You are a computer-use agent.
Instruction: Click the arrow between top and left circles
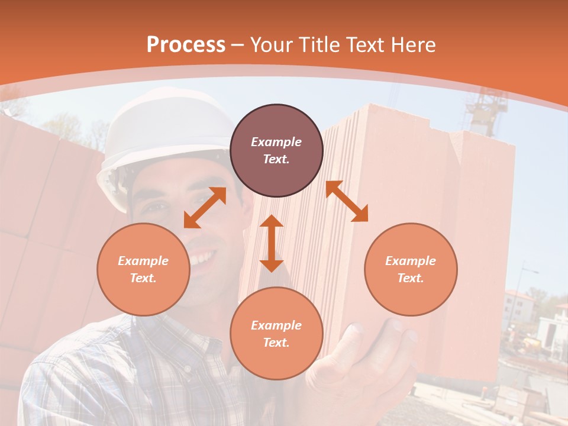click(205, 208)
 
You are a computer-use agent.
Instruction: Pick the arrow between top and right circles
click(347, 201)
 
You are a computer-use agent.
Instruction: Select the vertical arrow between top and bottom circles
click(272, 243)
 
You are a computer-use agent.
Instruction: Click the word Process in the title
click(186, 45)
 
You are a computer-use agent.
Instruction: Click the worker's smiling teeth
click(201, 258)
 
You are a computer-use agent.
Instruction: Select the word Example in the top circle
click(276, 142)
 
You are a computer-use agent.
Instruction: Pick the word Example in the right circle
click(411, 261)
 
